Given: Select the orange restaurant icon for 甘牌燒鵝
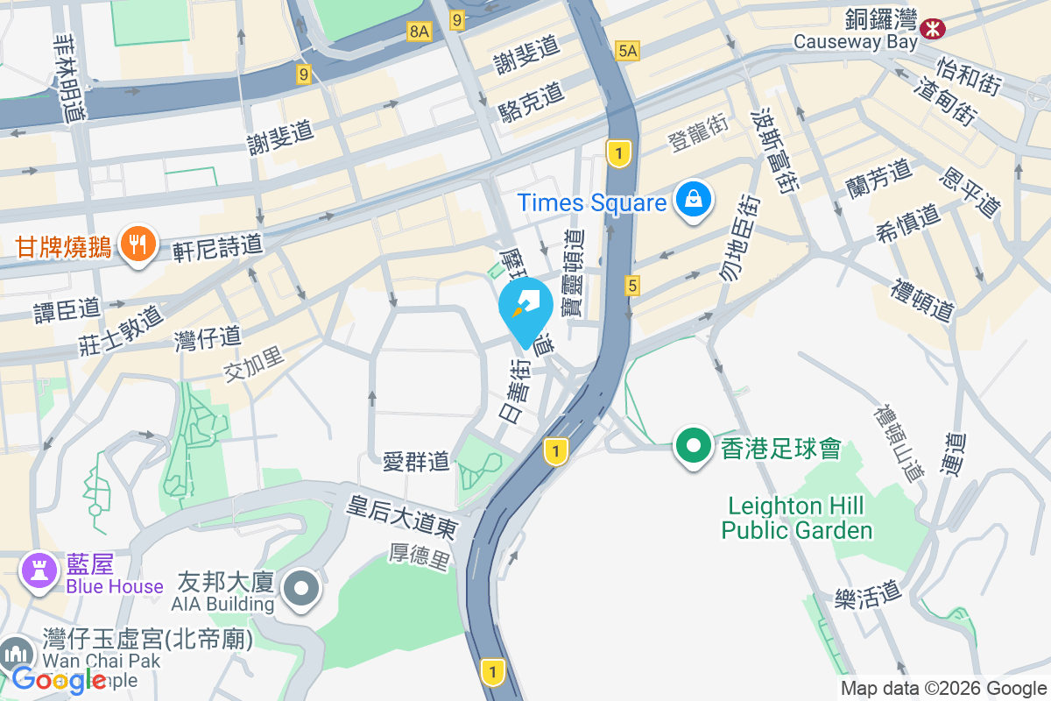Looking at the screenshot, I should coord(137,244).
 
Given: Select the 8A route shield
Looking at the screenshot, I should coord(420,32).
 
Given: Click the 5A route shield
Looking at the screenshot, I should coord(628,51).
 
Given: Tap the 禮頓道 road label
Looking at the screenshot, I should coord(922,299).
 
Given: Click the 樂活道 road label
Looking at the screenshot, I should coord(867,595).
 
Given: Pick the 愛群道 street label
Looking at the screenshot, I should coord(416,460).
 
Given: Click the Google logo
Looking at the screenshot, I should coord(59,679).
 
